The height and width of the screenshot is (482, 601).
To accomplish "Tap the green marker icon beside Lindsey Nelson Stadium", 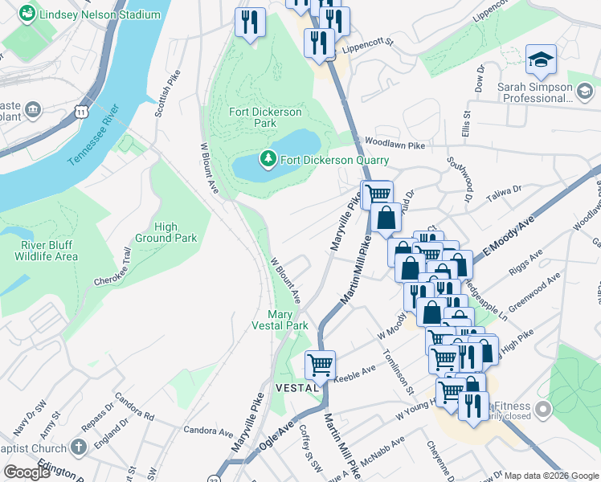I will (27, 14).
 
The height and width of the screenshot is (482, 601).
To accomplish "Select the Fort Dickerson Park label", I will (253, 117).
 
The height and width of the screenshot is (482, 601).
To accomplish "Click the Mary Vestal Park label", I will (288, 321).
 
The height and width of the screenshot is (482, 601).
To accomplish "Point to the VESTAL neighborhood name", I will (294, 387).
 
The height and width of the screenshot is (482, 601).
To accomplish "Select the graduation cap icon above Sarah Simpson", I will (541, 59).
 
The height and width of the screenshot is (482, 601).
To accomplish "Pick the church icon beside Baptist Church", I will (78, 447).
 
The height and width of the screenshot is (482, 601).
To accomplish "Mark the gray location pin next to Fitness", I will (543, 411).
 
